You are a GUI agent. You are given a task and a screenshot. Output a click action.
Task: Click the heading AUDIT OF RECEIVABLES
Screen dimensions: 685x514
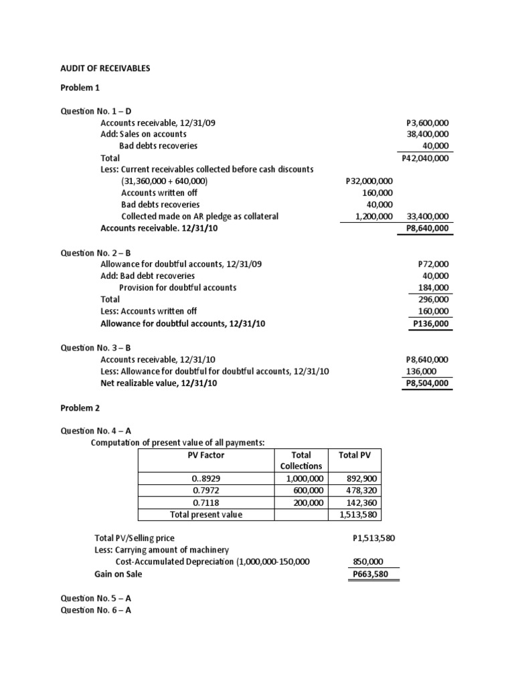tap(106, 68)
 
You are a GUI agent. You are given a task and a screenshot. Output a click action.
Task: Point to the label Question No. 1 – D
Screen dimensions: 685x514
tap(96, 112)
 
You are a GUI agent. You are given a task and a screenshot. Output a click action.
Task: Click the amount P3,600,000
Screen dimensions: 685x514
tap(427, 124)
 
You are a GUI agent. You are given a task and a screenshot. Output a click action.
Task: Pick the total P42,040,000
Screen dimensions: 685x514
tap(425, 159)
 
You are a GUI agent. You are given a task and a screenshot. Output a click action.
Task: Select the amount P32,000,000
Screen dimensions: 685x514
tap(369, 181)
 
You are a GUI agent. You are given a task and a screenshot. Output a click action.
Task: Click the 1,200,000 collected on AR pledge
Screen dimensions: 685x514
tap(373, 217)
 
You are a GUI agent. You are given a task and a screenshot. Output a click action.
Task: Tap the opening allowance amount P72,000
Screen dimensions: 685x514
tap(433, 264)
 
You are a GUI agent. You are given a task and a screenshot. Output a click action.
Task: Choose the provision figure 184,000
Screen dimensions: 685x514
tap(434, 288)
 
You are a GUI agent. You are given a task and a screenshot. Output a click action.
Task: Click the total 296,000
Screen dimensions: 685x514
tap(434, 300)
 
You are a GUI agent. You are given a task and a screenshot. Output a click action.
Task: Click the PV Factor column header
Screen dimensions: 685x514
tap(206, 456)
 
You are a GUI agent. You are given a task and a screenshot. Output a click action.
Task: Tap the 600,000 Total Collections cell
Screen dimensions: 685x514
tap(307, 490)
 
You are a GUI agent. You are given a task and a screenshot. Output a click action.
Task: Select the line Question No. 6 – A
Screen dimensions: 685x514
tap(96, 611)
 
